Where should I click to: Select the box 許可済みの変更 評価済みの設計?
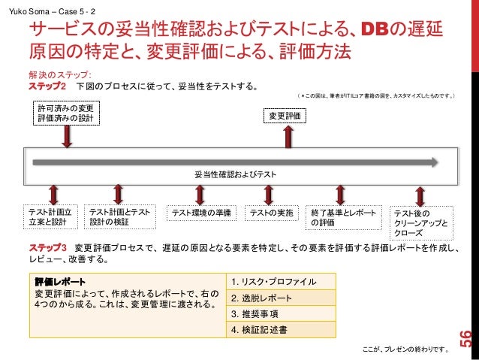(x=67, y=116)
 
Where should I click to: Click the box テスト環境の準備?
(x=200, y=212)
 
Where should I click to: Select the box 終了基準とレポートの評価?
(x=343, y=216)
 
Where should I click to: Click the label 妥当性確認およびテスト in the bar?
(x=235, y=174)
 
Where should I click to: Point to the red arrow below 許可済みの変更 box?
(x=67, y=137)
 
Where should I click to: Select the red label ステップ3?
(x=49, y=248)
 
